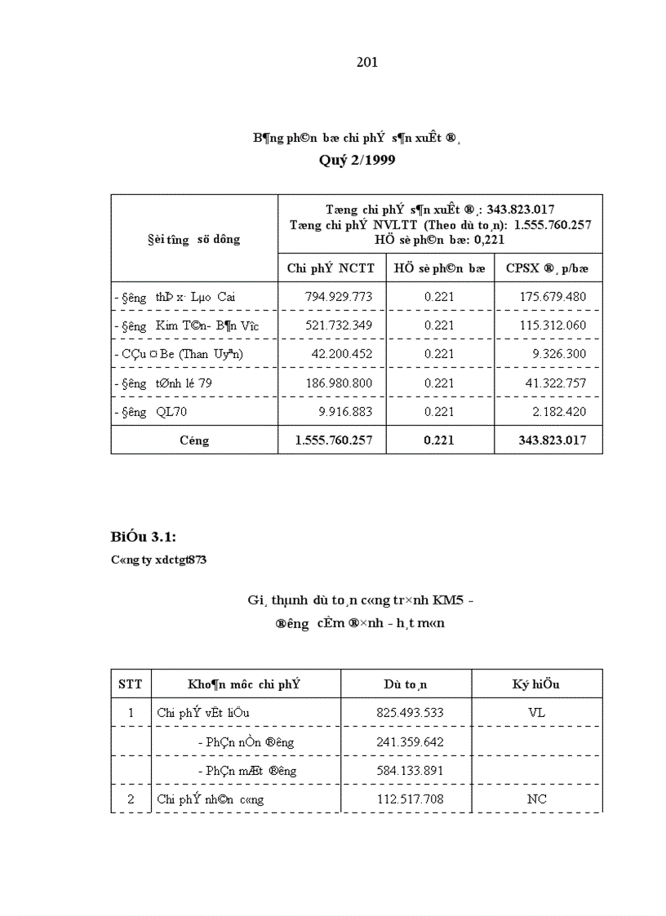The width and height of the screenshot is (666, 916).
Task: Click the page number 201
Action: tap(367, 63)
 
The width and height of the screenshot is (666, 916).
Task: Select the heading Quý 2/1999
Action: tap(357, 161)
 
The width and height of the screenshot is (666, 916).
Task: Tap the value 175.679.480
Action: tap(553, 297)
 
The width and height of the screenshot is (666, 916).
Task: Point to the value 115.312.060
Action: tap(553, 325)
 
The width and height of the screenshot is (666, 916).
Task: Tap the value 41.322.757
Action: tap(555, 383)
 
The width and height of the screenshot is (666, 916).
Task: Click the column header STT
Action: tap(131, 684)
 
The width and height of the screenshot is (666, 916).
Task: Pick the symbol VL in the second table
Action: tap(536, 713)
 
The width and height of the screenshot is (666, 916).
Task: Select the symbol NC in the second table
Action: tap(536, 799)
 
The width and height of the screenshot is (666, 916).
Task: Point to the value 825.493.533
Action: tap(410, 713)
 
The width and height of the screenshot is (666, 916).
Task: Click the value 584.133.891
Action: tap(410, 771)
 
